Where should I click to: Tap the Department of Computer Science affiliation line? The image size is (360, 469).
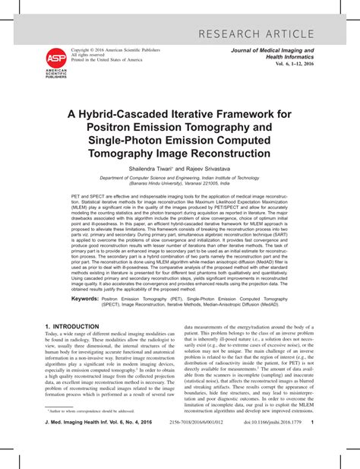(180, 178)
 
